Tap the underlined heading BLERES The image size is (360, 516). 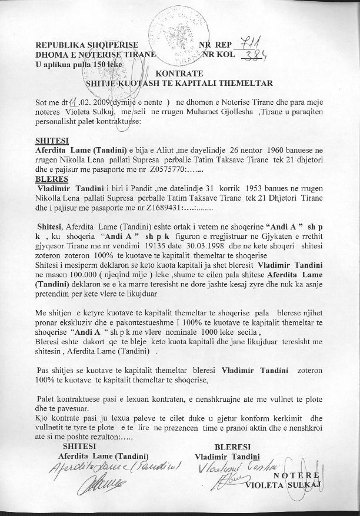tap(48, 179)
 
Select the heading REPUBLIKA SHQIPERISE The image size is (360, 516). tap(87, 45)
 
